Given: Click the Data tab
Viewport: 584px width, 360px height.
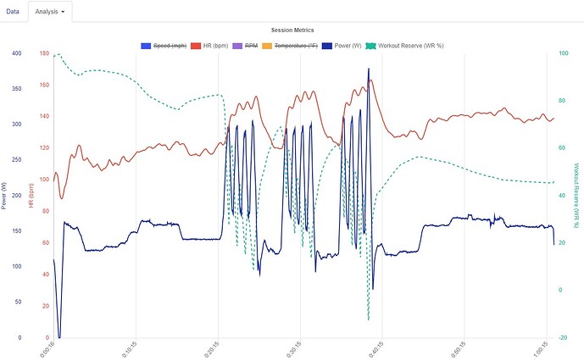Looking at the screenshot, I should (13, 12).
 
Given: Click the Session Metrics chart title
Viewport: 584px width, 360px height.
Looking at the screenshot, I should (292, 30).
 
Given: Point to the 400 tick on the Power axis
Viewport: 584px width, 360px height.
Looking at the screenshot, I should (17, 53).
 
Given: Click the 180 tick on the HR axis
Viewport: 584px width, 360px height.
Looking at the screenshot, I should (44, 53).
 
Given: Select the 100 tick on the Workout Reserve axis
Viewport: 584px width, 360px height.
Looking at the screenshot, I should (564, 53).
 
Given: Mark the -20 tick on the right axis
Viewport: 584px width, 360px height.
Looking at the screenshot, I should (564, 337).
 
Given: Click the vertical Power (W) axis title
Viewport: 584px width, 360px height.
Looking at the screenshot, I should (5, 194).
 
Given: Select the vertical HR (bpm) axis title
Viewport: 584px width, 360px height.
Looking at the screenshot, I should (31, 196).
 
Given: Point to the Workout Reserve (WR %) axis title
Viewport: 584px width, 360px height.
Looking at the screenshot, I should (577, 194).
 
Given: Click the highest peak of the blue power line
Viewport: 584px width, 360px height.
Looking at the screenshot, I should (369, 69).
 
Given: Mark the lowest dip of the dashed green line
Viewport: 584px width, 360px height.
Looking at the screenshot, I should (369, 319).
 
